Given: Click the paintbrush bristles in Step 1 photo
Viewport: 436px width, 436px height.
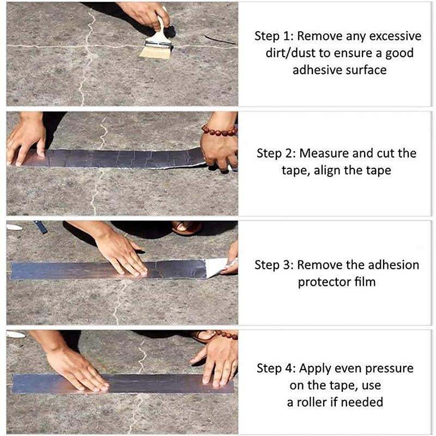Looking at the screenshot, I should [155, 52].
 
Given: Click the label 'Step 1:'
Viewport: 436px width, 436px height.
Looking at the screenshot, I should [274, 37].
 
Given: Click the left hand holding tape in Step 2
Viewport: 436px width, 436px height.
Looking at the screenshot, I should [26, 140].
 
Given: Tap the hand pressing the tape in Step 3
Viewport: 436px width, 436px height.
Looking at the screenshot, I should [122, 254].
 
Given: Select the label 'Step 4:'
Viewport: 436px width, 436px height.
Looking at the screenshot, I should [276, 368].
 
